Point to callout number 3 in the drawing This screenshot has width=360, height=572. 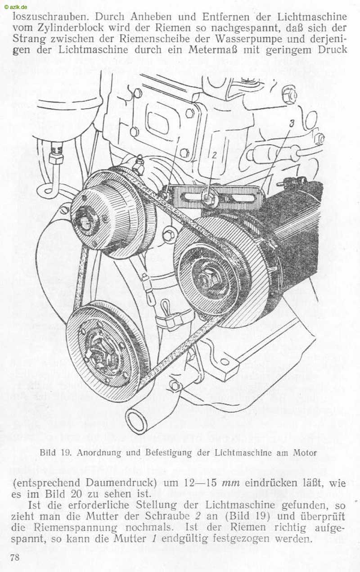(x=292, y=123)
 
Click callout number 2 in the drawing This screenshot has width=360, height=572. (x=215, y=155)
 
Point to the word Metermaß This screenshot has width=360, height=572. (x=213, y=50)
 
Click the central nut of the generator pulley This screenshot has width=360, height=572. (x=207, y=278)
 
